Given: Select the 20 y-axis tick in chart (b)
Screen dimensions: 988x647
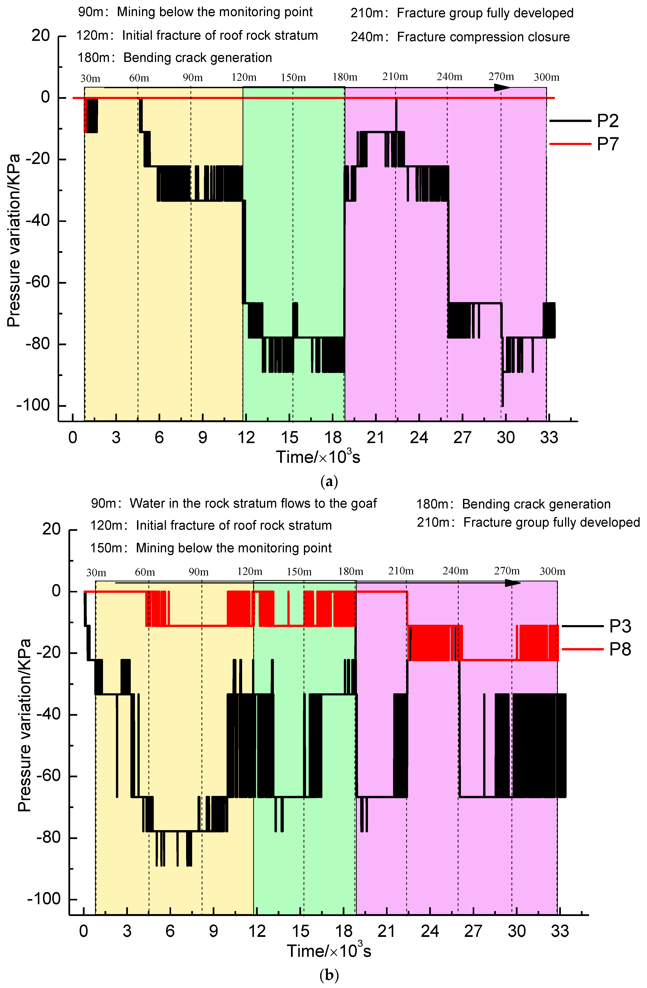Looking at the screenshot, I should point(52,529).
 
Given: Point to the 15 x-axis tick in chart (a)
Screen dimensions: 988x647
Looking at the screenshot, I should point(289,437).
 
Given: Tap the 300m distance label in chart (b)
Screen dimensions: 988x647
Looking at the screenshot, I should point(552,572).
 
